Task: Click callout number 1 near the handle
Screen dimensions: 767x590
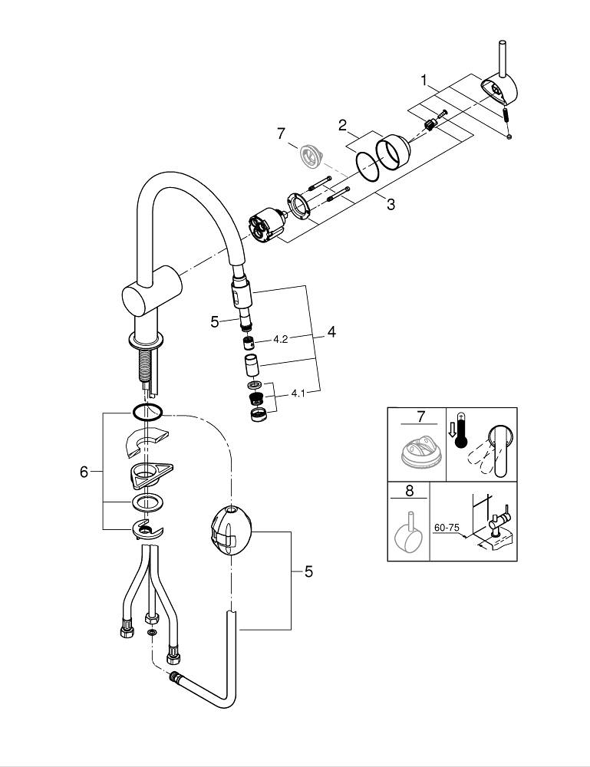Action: point(423,80)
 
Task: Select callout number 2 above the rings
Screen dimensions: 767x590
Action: point(343,125)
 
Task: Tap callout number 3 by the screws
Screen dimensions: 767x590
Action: point(391,205)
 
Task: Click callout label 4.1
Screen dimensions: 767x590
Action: point(298,394)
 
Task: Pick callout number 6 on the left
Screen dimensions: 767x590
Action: point(84,472)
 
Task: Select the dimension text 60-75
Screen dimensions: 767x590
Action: point(447,528)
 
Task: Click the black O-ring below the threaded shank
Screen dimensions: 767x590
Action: point(146,412)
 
